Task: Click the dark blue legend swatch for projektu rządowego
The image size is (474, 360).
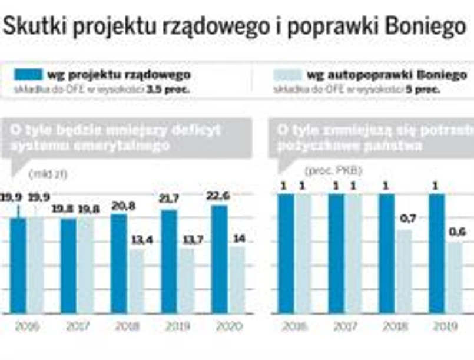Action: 28,75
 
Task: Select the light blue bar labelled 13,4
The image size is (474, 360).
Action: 136,281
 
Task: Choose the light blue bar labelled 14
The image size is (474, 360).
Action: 237,279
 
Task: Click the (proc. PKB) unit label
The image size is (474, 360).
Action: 333,171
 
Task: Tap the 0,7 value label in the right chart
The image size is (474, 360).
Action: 408,219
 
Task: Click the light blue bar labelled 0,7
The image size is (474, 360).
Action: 404,271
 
